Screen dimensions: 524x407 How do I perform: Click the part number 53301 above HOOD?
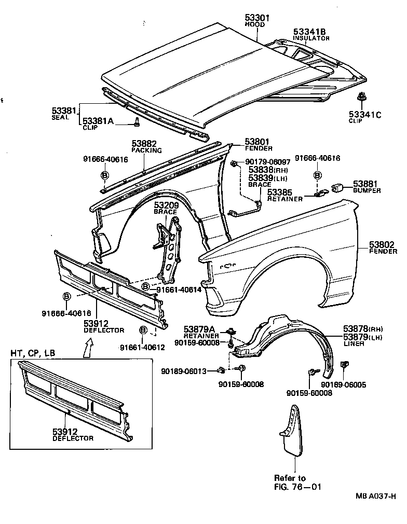pos(257,18)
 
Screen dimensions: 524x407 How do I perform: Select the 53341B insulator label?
pos(310,31)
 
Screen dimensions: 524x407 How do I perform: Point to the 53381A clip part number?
pos(98,120)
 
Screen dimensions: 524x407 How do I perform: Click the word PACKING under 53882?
pos(146,150)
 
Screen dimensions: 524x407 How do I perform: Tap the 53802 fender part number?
pos(383,244)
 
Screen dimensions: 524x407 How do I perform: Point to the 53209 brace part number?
pos(166,205)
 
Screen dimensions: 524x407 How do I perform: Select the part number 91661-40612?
pos(142,347)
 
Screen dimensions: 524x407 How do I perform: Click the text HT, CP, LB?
pos(33,353)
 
